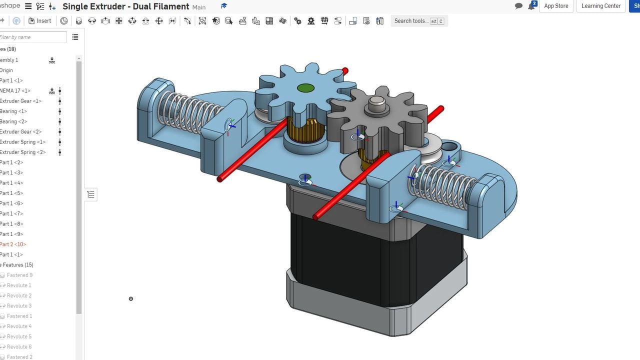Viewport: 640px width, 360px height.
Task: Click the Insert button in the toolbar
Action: click(x=39, y=21)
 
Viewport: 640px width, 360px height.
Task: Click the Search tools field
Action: click(x=411, y=21)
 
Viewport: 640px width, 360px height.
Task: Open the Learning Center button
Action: click(x=600, y=6)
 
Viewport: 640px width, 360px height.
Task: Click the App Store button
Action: click(x=556, y=6)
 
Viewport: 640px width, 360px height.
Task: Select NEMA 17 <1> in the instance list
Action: click(x=15, y=91)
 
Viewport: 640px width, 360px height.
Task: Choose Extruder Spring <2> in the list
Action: click(x=22, y=152)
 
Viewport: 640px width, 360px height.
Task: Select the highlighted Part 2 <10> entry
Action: click(x=13, y=244)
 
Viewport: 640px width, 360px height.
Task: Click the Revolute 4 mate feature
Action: click(x=19, y=326)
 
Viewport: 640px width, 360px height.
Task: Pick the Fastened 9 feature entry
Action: click(x=19, y=275)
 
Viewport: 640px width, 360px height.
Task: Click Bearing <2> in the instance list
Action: click(x=13, y=121)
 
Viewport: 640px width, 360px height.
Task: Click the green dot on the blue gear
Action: click(x=305, y=88)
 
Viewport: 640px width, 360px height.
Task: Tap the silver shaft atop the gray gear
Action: click(x=377, y=104)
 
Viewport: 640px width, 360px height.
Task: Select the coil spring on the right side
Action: click(x=440, y=185)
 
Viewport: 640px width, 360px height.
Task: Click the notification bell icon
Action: click(x=531, y=6)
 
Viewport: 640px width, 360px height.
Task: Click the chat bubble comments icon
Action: click(x=518, y=6)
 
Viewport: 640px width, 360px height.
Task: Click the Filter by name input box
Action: click(x=32, y=37)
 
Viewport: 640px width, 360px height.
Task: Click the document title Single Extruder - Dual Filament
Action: click(x=125, y=6)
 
